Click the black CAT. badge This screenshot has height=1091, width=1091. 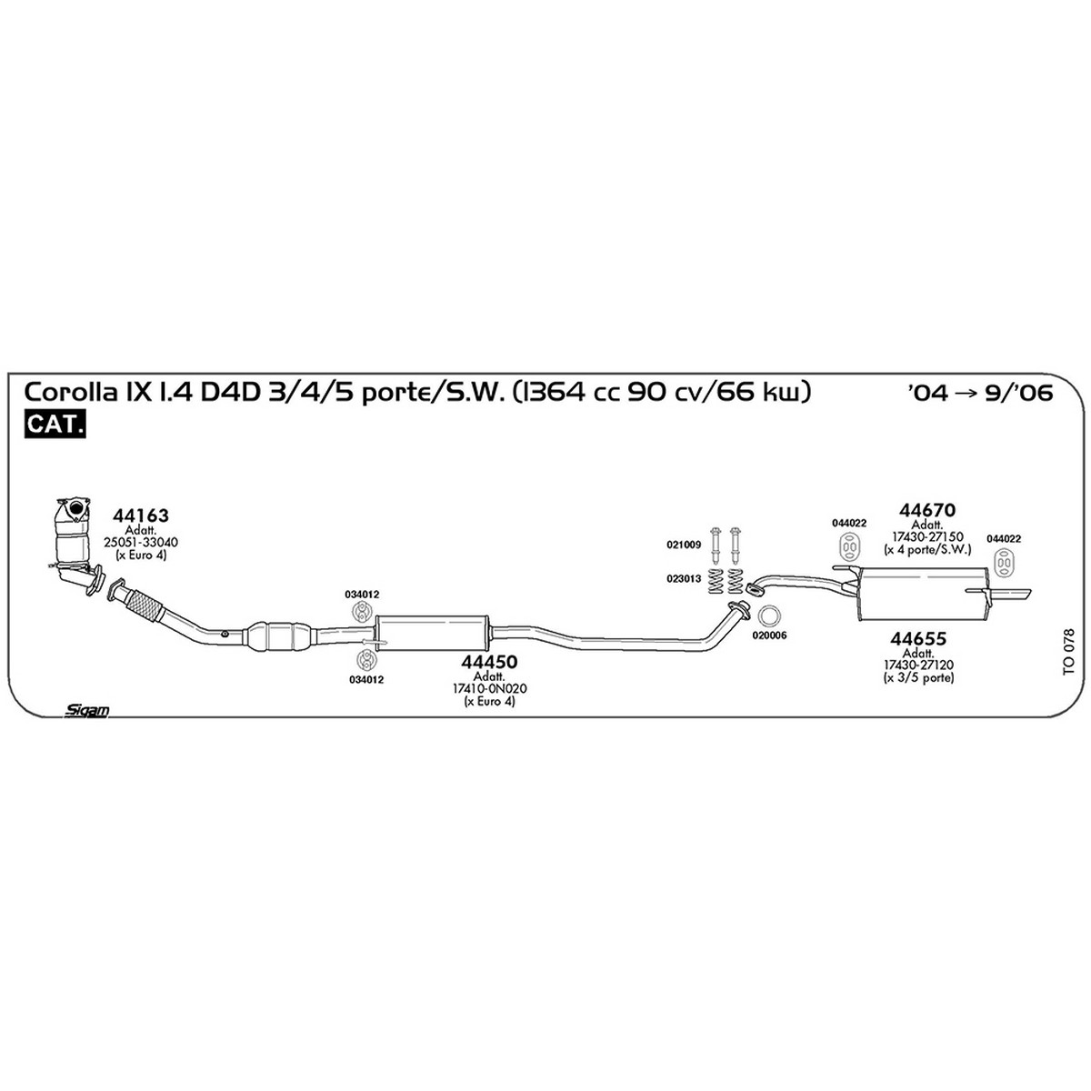55,424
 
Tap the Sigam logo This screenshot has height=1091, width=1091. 86,711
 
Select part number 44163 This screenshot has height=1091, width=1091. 140,515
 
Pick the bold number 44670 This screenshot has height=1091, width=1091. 927,509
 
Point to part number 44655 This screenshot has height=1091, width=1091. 918,638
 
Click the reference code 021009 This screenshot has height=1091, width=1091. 684,545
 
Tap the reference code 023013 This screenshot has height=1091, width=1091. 684,578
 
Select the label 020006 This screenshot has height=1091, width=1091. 769,636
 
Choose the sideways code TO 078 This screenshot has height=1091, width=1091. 1068,651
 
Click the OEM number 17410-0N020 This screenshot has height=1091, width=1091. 489,688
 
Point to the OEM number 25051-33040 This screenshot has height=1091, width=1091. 140,542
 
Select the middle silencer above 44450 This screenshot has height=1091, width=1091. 432,634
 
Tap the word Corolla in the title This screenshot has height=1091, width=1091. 70,393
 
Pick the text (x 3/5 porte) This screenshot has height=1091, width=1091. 918,676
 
